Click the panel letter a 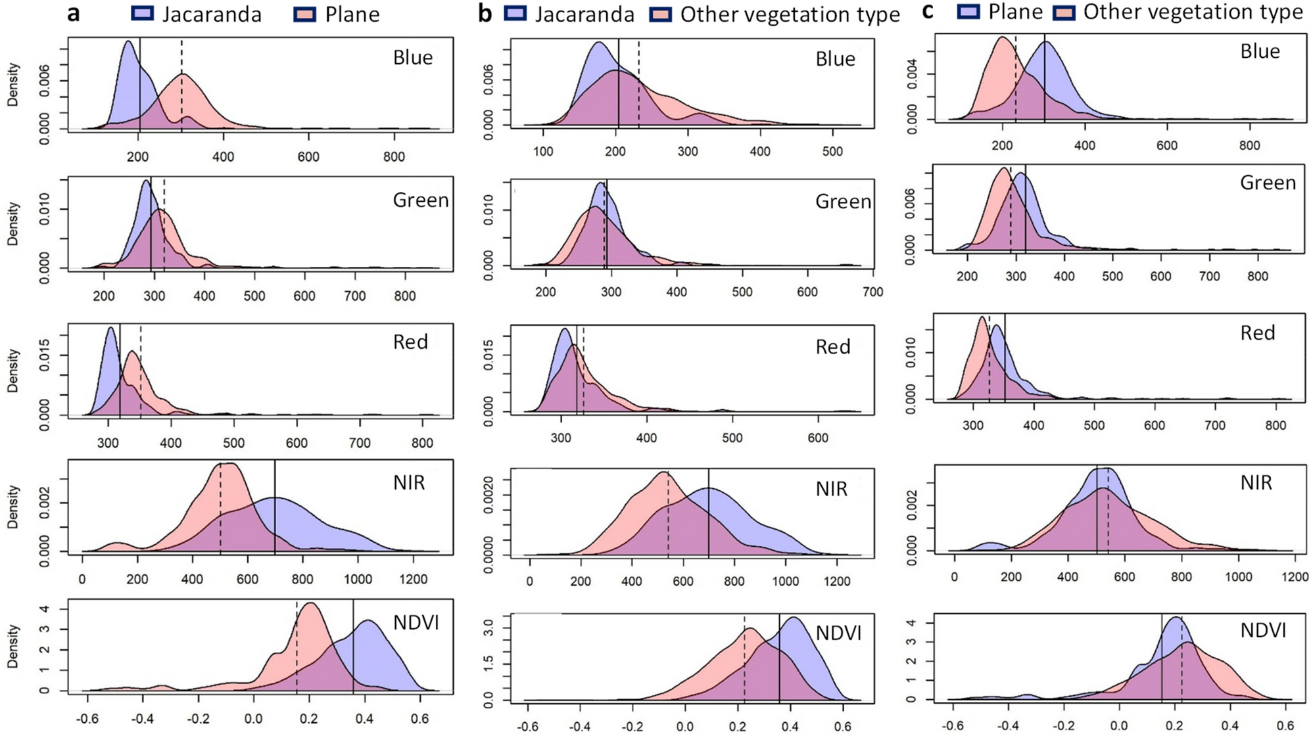[74, 13]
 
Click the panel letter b [485, 14]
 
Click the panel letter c [928, 11]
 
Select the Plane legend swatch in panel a [305, 14]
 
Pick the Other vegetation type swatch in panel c [1064, 12]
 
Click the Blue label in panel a [413, 58]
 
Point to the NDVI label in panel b [838, 633]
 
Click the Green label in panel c [1268, 183]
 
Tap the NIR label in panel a [409, 483]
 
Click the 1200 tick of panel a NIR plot [413, 580]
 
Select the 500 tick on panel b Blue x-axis [832, 152]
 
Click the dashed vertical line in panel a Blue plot [182, 85]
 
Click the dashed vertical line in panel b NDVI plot [744, 657]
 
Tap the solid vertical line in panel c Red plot [1005, 358]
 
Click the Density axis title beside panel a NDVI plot [12, 647]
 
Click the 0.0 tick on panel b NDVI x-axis [685, 727]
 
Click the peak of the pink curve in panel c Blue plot [1003, 37]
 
